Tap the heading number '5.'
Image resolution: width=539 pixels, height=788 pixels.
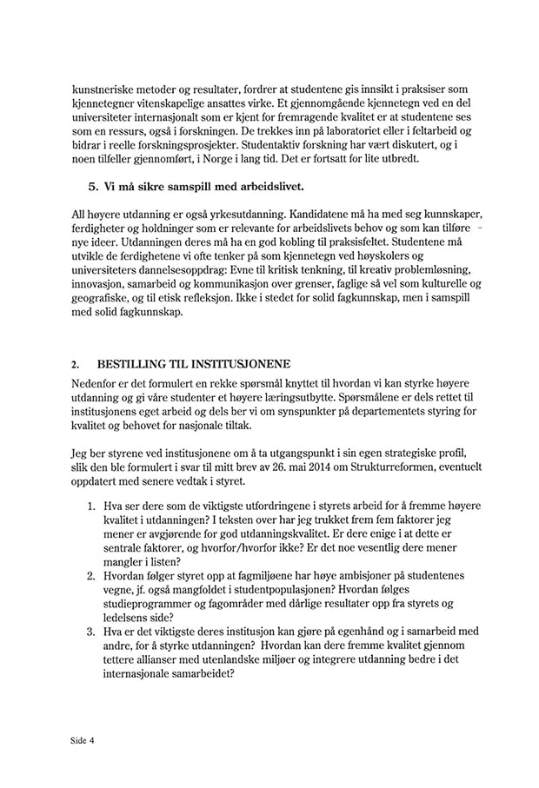pyautogui.click(x=96, y=187)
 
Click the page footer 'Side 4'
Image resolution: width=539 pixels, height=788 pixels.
pyautogui.click(x=83, y=741)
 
